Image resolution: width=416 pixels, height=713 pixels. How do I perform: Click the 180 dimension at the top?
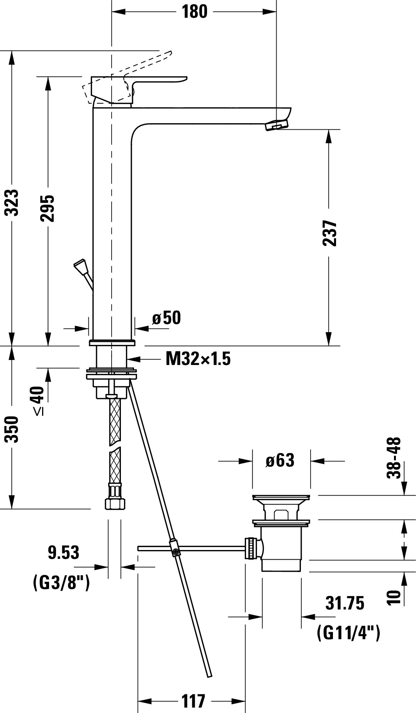[194, 12]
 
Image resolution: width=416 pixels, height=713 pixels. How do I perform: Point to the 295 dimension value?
[48, 209]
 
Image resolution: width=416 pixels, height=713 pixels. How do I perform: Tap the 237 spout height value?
[329, 233]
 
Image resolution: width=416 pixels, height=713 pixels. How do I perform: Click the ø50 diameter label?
[166, 318]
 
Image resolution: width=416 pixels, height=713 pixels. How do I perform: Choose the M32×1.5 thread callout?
[198, 359]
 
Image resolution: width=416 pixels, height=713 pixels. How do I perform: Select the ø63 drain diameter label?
[280, 460]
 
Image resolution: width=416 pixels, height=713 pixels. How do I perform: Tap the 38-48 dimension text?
[394, 458]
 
